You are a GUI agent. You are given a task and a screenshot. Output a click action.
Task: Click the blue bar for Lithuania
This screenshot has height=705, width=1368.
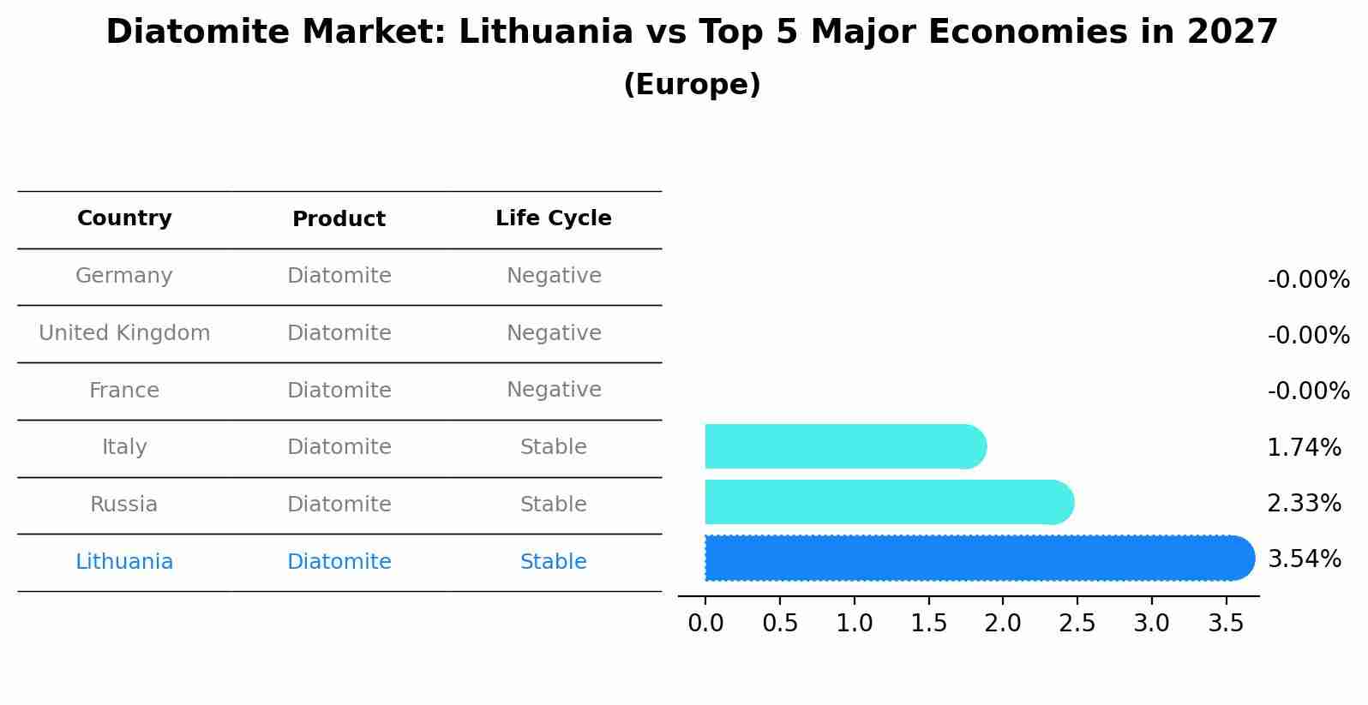(x=977, y=559)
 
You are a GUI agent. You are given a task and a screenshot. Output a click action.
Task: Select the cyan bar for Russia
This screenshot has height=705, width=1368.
(x=888, y=502)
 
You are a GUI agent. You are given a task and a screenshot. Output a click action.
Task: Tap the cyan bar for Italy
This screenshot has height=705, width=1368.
(x=844, y=446)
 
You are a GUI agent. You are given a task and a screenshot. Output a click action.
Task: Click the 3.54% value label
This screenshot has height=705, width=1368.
(x=1304, y=559)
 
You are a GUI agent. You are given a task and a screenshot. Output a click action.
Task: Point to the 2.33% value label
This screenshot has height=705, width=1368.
(x=1304, y=504)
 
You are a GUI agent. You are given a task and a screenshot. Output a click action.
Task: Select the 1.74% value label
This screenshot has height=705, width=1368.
(x=1304, y=447)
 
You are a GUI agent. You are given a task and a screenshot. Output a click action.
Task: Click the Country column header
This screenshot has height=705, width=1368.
(x=124, y=218)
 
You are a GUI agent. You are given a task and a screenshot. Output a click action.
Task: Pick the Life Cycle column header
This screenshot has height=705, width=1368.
(x=553, y=218)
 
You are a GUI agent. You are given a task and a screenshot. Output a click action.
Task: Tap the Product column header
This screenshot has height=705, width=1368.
(x=339, y=219)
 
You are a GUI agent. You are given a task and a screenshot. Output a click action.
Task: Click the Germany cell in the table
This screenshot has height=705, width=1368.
(x=124, y=276)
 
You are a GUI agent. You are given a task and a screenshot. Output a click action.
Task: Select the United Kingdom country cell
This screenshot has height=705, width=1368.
(x=124, y=333)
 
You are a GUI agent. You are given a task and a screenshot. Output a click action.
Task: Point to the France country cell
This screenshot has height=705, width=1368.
(x=124, y=391)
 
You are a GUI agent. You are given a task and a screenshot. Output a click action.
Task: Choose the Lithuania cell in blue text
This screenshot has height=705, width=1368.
(x=124, y=562)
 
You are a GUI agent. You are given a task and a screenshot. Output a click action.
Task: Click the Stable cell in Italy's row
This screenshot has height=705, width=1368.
(x=553, y=447)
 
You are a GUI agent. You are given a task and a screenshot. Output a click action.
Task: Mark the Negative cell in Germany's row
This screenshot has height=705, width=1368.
(x=553, y=276)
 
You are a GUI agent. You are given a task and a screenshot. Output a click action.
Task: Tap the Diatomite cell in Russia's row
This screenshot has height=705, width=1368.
(x=339, y=505)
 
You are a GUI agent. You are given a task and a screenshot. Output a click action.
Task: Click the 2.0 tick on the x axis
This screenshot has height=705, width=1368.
(x=1003, y=623)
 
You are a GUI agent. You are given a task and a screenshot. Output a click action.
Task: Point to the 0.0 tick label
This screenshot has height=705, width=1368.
(x=705, y=623)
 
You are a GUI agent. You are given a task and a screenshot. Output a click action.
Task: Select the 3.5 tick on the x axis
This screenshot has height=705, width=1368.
(x=1226, y=623)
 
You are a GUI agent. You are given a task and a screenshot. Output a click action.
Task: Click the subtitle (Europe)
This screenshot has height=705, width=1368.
(x=692, y=85)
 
